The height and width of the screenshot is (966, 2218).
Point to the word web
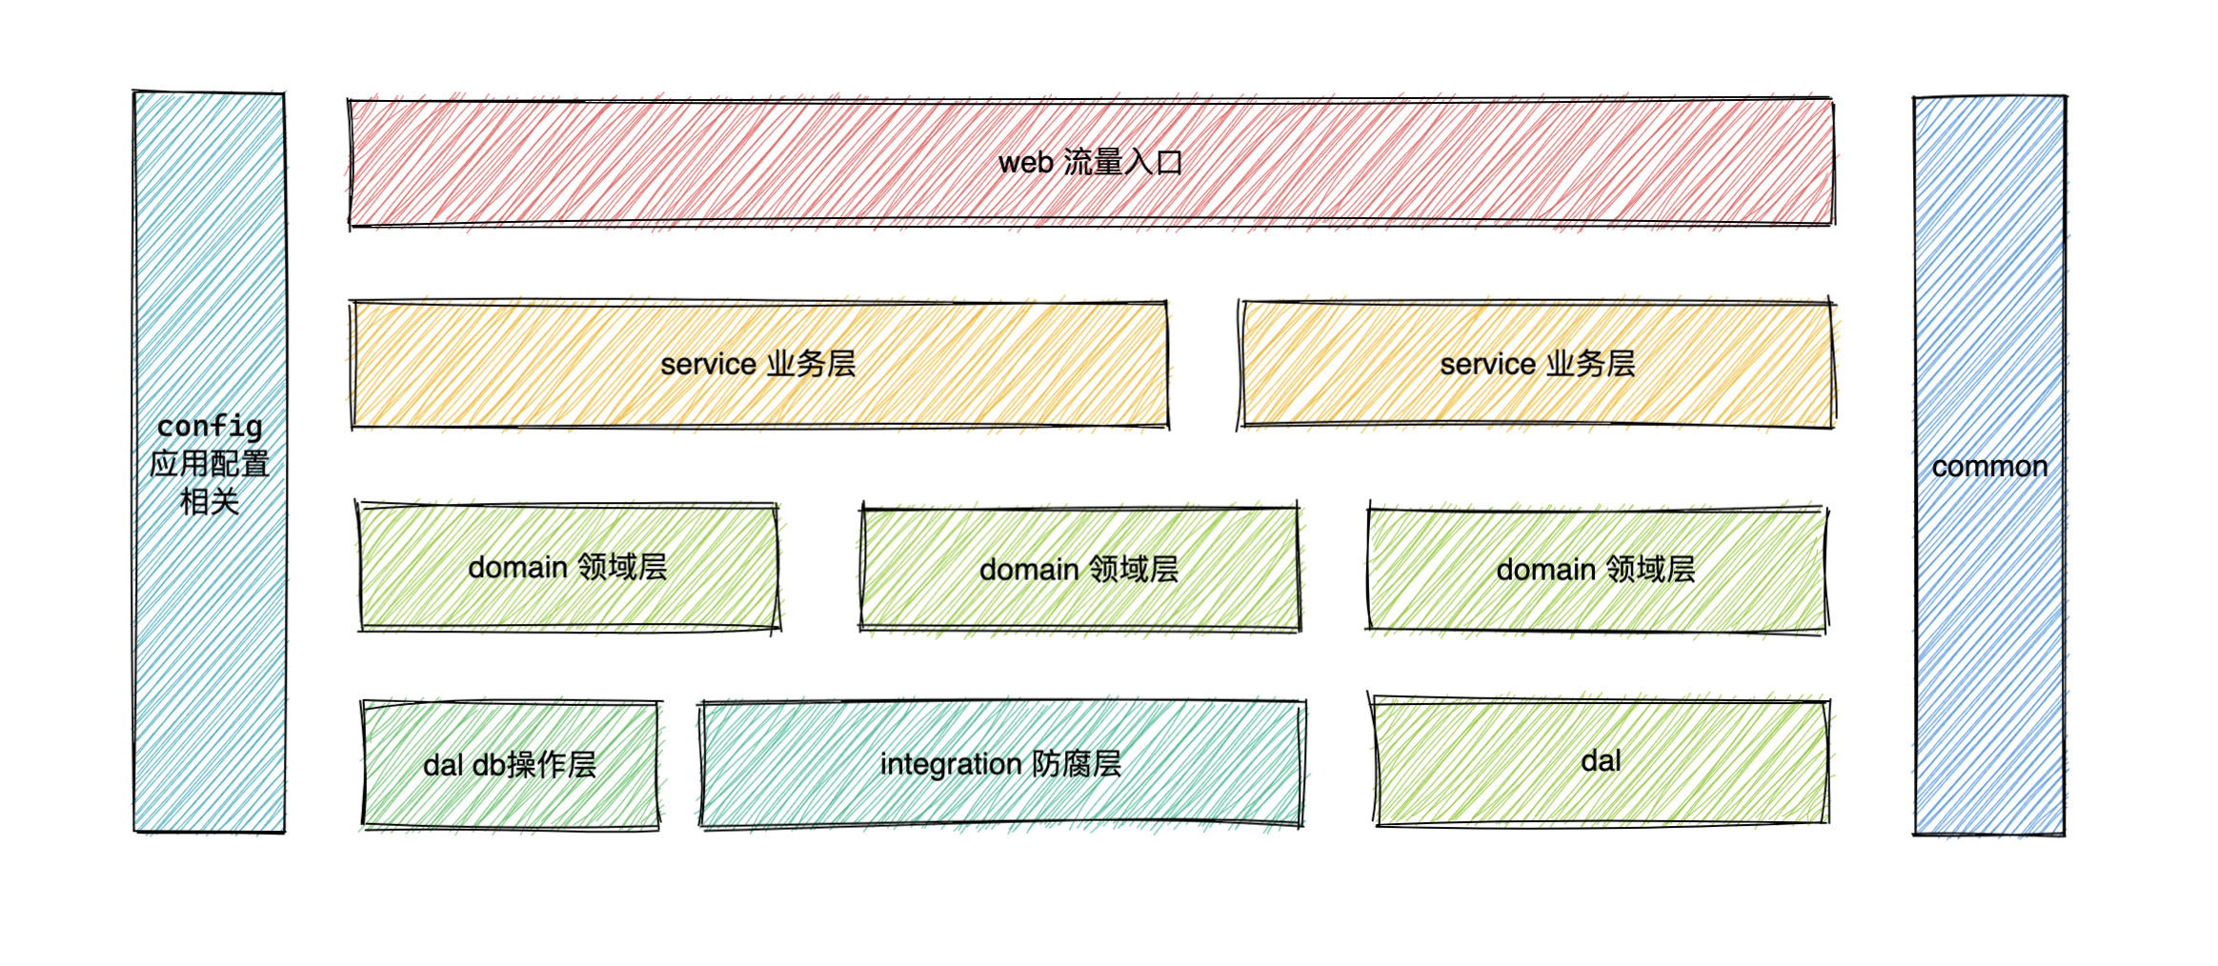click(1025, 163)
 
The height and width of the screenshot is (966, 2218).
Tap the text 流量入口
click(1122, 163)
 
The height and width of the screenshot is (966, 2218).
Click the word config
click(210, 426)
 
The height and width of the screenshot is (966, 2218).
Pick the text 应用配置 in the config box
click(210, 464)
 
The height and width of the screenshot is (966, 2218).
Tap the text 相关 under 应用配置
click(210, 501)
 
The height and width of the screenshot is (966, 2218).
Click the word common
click(1989, 467)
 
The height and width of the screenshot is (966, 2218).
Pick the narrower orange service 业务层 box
click(1353, 364)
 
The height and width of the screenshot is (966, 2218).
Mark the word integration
click(950, 764)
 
